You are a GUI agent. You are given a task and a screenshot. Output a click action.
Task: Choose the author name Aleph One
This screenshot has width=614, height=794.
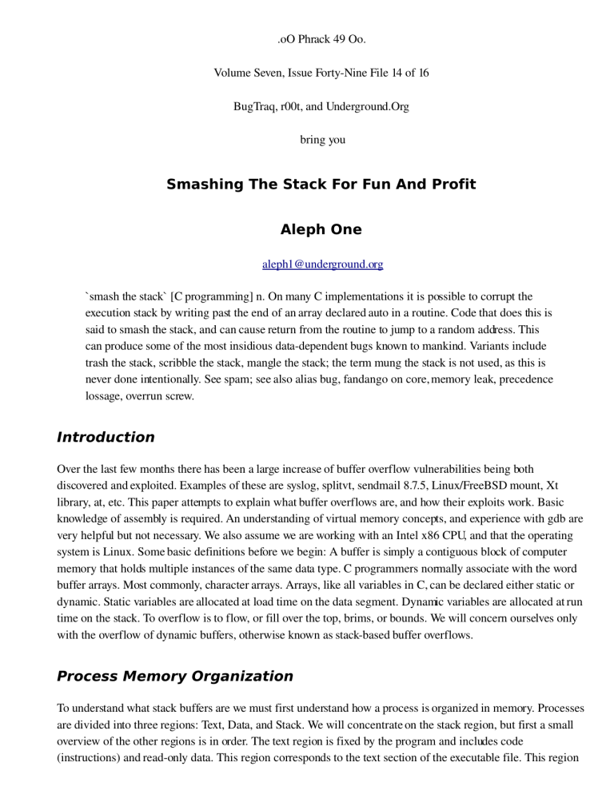point(321,229)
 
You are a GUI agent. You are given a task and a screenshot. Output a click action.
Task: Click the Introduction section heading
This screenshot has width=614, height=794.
point(105,437)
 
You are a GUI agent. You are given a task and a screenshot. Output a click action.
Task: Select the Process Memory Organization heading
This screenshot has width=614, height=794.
point(174,676)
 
